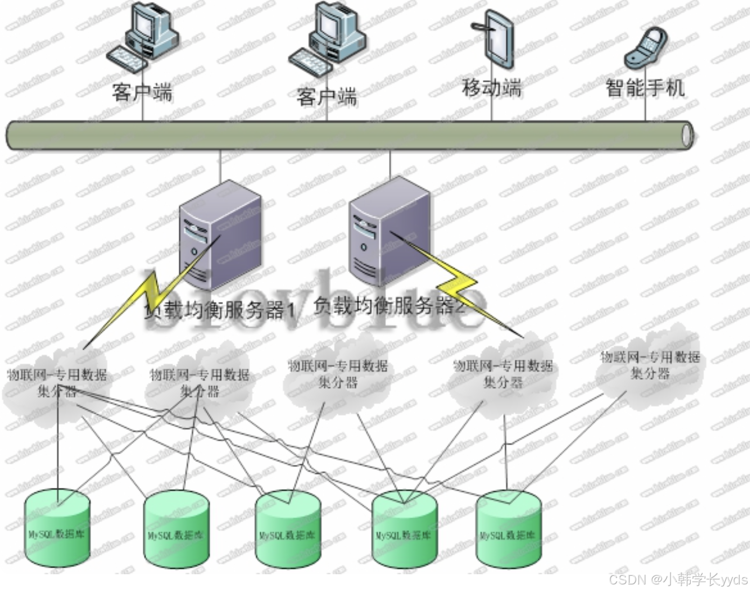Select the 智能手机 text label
click(x=645, y=87)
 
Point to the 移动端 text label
click(x=491, y=87)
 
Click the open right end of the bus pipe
click(x=687, y=135)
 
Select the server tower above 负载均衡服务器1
click(x=220, y=237)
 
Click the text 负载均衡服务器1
click(x=220, y=310)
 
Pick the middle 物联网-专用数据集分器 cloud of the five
click(x=338, y=374)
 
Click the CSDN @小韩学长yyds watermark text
click(x=678, y=580)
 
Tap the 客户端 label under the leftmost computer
click(x=142, y=92)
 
